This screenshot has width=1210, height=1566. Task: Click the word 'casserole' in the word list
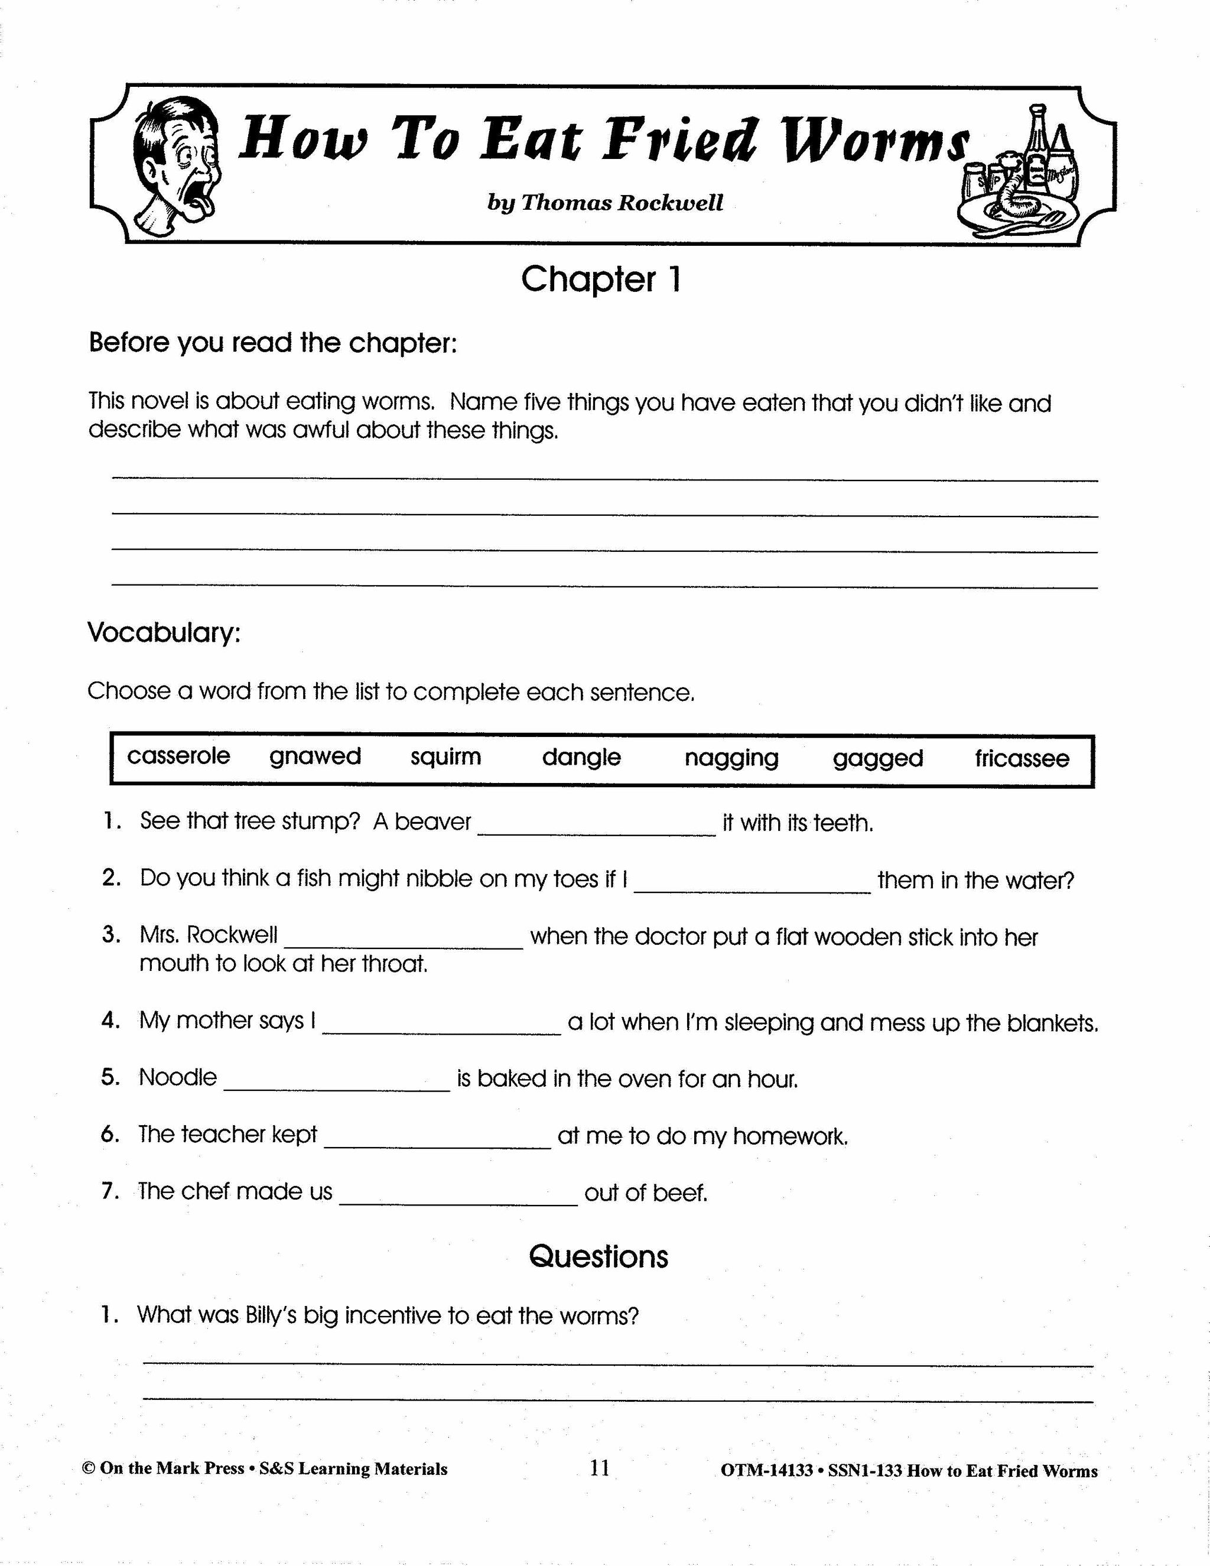click(x=178, y=756)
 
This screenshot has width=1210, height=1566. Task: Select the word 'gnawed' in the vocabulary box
click(x=315, y=757)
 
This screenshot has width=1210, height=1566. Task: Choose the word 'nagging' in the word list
click(x=731, y=759)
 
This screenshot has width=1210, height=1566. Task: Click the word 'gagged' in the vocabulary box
click(x=877, y=759)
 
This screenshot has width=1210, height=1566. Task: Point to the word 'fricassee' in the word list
click(x=1022, y=759)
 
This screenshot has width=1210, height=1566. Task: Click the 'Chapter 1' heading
click(x=601, y=279)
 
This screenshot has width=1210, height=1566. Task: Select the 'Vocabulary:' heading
click(x=164, y=632)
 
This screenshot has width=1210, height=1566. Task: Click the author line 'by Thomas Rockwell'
click(x=605, y=203)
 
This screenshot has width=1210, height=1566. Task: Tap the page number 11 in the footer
click(x=600, y=1468)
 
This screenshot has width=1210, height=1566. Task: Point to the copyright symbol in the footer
click(x=89, y=1468)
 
